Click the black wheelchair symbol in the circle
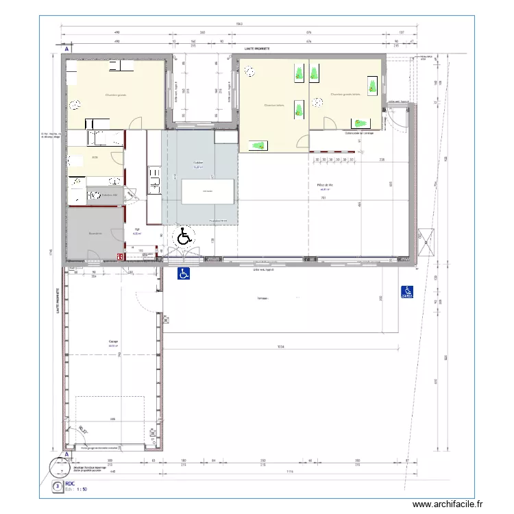point(184,238)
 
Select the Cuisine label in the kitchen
point(198,164)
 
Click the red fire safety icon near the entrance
point(120,257)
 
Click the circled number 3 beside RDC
point(57,487)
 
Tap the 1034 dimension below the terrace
point(281,347)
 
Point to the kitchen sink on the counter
point(154,184)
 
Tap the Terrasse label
point(262,299)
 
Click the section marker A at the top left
point(66,50)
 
